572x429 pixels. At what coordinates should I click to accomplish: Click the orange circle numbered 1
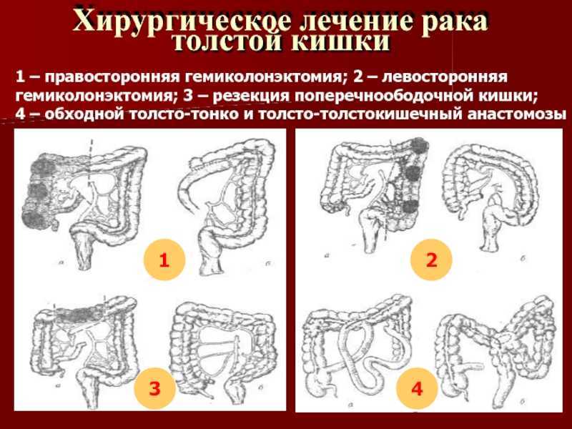click(x=164, y=260)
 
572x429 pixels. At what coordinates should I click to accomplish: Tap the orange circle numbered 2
click(x=432, y=260)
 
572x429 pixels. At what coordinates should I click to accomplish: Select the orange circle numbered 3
click(x=154, y=388)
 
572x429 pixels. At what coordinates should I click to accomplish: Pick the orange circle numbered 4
click(x=417, y=389)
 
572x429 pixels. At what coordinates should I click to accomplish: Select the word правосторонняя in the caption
click(x=114, y=77)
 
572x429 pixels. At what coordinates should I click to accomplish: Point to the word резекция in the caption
click(x=251, y=96)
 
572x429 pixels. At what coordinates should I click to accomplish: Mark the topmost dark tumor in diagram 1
click(x=44, y=167)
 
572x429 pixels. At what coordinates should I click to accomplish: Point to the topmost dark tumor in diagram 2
click(x=420, y=146)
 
